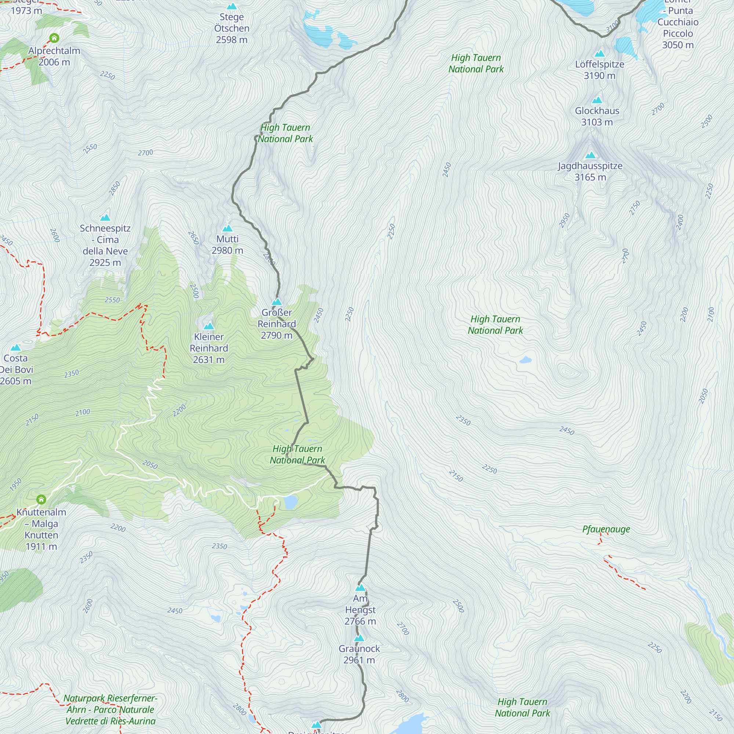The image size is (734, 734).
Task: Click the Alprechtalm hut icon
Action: click(x=54, y=38)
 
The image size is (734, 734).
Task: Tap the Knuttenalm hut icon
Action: click(x=41, y=499)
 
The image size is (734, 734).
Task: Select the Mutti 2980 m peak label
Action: click(x=227, y=245)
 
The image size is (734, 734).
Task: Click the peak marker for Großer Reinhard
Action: click(x=277, y=302)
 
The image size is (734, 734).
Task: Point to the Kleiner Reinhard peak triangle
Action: click(x=209, y=326)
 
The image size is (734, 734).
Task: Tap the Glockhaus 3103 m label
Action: click(x=597, y=116)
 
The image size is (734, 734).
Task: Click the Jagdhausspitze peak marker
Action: click(x=591, y=155)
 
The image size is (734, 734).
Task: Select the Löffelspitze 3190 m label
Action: click(x=600, y=70)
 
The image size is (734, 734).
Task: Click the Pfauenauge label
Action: click(x=606, y=529)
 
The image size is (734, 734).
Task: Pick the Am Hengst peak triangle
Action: click(x=360, y=588)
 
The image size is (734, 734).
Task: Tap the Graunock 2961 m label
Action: click(x=359, y=654)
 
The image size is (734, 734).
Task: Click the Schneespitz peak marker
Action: click(x=105, y=218)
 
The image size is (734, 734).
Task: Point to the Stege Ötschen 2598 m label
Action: click(x=232, y=28)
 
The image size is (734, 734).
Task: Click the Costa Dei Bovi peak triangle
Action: click(x=15, y=348)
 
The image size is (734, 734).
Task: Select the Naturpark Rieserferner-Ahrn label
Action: click(x=110, y=709)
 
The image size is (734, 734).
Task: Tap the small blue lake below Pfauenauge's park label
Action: click(x=526, y=360)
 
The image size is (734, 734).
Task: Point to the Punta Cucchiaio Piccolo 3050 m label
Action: click(x=678, y=28)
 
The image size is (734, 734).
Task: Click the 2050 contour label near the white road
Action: click(x=150, y=464)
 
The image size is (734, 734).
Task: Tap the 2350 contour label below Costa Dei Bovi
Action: click(x=72, y=374)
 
